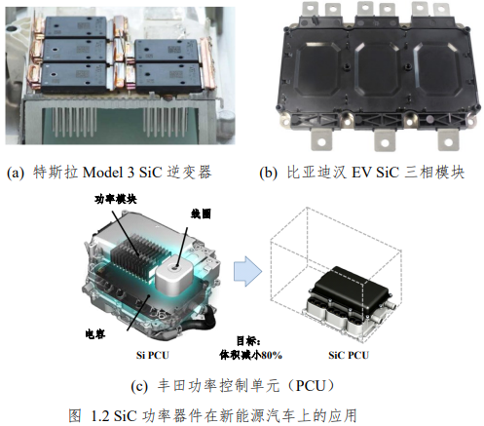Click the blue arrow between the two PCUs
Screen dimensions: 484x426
coord(247,271)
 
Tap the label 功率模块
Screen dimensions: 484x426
coord(116,199)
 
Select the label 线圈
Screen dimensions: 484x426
coord(201,213)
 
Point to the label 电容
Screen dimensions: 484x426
coord(95,333)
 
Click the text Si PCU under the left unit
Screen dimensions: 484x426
coord(153,355)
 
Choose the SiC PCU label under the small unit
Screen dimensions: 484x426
coord(349,355)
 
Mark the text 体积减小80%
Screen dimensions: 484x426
coord(250,355)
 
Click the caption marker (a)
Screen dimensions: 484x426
coord(16,173)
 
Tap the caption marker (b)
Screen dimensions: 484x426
coord(268,173)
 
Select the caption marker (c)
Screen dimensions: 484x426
coord(139,386)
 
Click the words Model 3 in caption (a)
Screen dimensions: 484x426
coord(108,173)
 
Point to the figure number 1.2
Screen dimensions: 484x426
coord(100,416)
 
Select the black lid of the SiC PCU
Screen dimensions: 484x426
coord(353,290)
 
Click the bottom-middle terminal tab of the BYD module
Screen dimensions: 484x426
coord(385,139)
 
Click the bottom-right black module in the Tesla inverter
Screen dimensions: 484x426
coord(168,77)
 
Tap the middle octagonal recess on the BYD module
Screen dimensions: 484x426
coord(377,67)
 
